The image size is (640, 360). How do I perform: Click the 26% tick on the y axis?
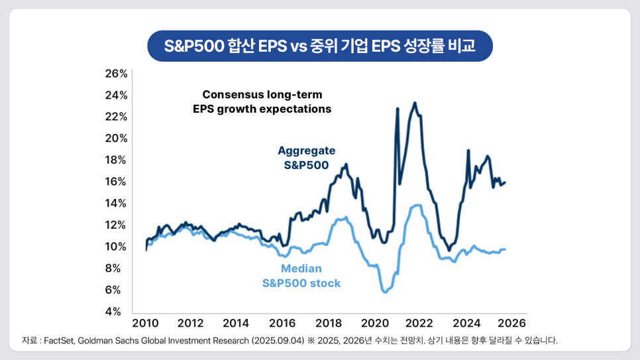(116, 73)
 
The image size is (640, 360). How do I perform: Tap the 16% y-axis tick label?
(116, 181)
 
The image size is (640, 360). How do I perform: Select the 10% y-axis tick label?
(116, 246)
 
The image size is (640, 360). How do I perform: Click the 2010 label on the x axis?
(145, 323)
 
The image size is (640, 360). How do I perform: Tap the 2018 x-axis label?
(329, 323)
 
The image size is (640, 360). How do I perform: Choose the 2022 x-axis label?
(419, 323)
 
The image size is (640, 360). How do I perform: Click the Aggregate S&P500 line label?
(306, 158)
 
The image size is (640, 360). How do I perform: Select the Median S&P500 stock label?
(301, 276)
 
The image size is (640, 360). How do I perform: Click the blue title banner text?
(319, 46)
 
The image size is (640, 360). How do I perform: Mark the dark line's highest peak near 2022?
(415, 103)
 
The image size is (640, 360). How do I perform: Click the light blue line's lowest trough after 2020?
(384, 292)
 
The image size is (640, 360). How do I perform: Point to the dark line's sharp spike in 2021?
(398, 108)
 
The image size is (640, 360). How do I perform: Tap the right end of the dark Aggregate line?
(506, 182)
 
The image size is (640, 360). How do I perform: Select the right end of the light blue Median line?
(506, 249)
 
